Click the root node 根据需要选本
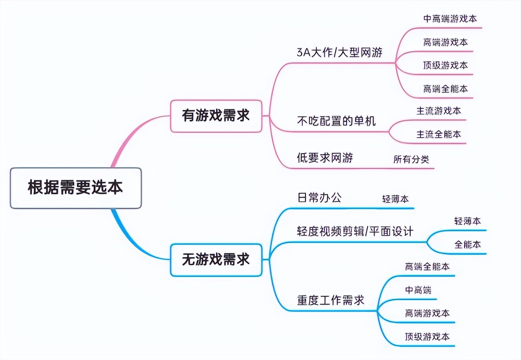click(x=75, y=187)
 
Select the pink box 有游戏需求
click(x=216, y=116)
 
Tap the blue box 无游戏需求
click(x=216, y=260)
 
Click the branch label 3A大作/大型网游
click(x=339, y=52)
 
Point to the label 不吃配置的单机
click(x=336, y=121)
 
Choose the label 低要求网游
click(x=325, y=158)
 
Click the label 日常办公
click(x=319, y=197)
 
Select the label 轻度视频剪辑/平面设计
click(x=355, y=231)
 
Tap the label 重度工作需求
click(x=330, y=301)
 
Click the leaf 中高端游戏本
click(x=450, y=19)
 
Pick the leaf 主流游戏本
click(x=439, y=111)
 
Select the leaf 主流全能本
click(x=439, y=134)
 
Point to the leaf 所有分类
click(x=411, y=159)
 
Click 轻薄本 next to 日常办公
click(x=395, y=199)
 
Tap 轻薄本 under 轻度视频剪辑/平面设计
click(x=467, y=221)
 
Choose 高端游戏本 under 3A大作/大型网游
click(x=445, y=42)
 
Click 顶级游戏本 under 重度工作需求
click(x=427, y=337)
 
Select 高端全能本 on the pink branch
click(x=445, y=89)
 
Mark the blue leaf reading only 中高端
click(x=418, y=290)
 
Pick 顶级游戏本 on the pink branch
click(x=445, y=65)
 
